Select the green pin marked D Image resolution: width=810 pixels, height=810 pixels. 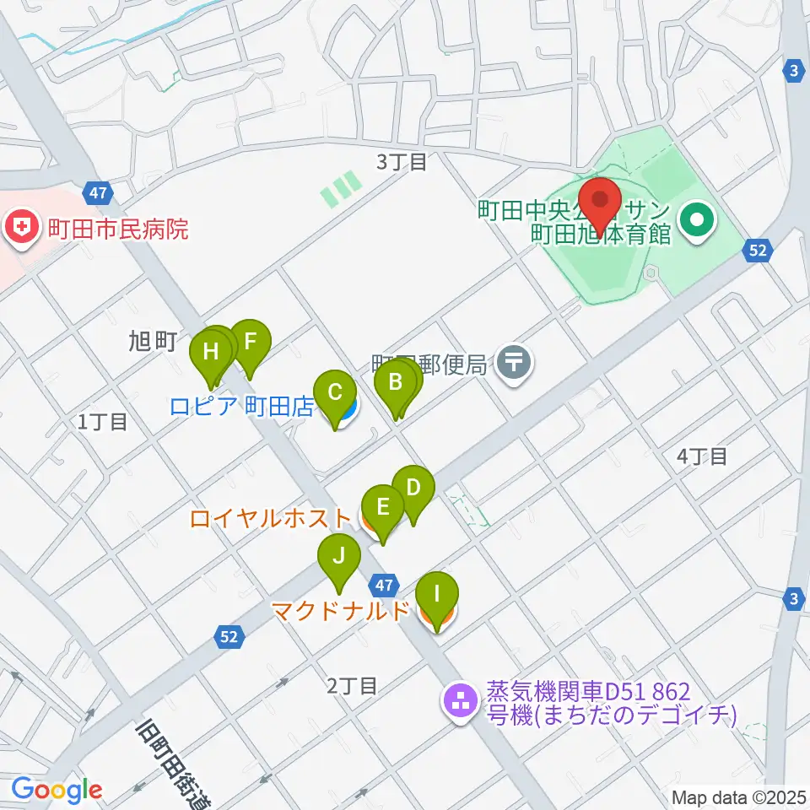click(x=413, y=489)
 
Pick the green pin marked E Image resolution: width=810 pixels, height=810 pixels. click(x=382, y=508)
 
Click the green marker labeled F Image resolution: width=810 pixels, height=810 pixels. click(x=250, y=343)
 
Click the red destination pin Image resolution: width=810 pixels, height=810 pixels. click(x=601, y=201)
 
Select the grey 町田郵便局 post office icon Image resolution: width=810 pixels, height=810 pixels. click(x=514, y=364)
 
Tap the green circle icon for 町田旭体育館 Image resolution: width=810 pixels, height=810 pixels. click(x=698, y=222)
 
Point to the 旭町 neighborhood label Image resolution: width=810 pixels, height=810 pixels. click(x=152, y=341)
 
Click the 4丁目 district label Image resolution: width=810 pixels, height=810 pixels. click(x=701, y=456)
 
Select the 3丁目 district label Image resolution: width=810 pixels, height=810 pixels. click(x=402, y=162)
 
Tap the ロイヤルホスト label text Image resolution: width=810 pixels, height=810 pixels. click(x=270, y=518)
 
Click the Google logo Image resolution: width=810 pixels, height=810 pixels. click(x=57, y=790)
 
